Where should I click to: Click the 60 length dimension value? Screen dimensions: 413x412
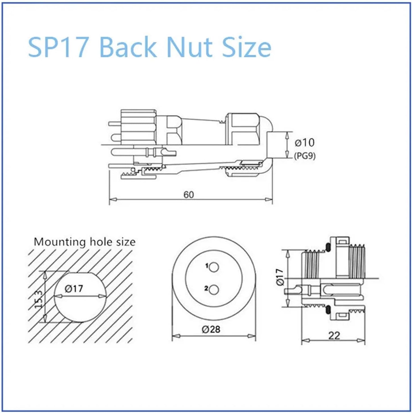point(189,195)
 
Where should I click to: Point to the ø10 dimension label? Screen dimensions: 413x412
point(305,142)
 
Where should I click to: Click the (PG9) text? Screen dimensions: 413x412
point(305,156)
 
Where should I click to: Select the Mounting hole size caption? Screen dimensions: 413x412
point(84,242)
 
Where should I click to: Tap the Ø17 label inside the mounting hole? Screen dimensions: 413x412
point(74,289)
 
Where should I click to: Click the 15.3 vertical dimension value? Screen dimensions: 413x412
point(39,299)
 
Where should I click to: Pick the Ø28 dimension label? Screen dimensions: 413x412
point(211,329)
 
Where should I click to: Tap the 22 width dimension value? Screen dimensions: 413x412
point(334,336)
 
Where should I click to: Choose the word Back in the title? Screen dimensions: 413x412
point(128,47)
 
